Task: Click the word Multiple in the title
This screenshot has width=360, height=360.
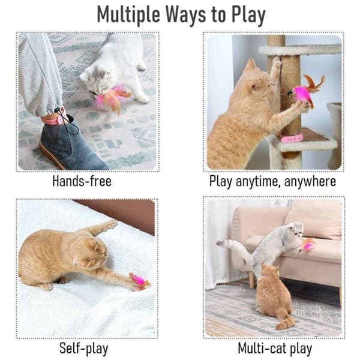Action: tap(128, 14)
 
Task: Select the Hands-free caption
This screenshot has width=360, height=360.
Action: tap(82, 181)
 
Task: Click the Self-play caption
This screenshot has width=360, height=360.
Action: tap(84, 348)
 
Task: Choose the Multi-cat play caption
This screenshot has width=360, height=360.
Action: tap(275, 348)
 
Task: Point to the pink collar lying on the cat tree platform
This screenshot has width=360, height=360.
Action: tap(292, 139)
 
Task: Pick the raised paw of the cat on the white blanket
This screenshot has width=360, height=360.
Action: tap(112, 223)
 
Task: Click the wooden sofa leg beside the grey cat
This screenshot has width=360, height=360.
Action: tap(253, 280)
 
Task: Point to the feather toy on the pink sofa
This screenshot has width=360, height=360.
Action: tap(307, 245)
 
